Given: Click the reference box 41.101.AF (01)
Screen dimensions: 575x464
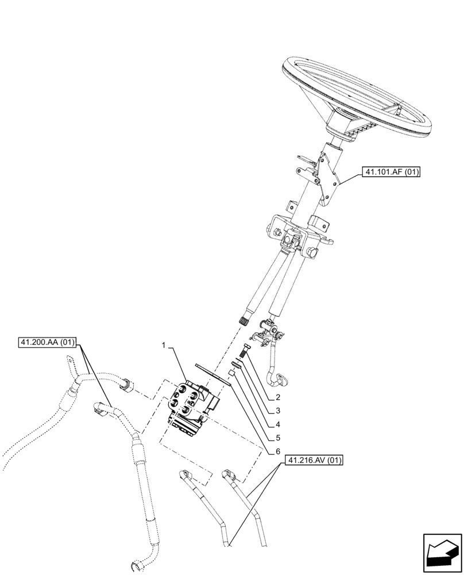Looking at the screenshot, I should (391, 171).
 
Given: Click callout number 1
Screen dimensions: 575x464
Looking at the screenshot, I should (164, 346).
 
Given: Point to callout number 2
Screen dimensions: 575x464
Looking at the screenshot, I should (277, 398).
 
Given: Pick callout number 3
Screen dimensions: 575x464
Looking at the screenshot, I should (277, 411).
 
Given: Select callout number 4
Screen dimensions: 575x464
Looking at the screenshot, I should (277, 425).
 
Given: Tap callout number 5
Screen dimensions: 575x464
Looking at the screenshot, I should (277, 438).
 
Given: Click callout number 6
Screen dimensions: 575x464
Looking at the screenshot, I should (277, 452).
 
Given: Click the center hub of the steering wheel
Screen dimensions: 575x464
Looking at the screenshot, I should (345, 123).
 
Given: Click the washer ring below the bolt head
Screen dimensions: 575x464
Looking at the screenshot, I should (236, 363).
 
